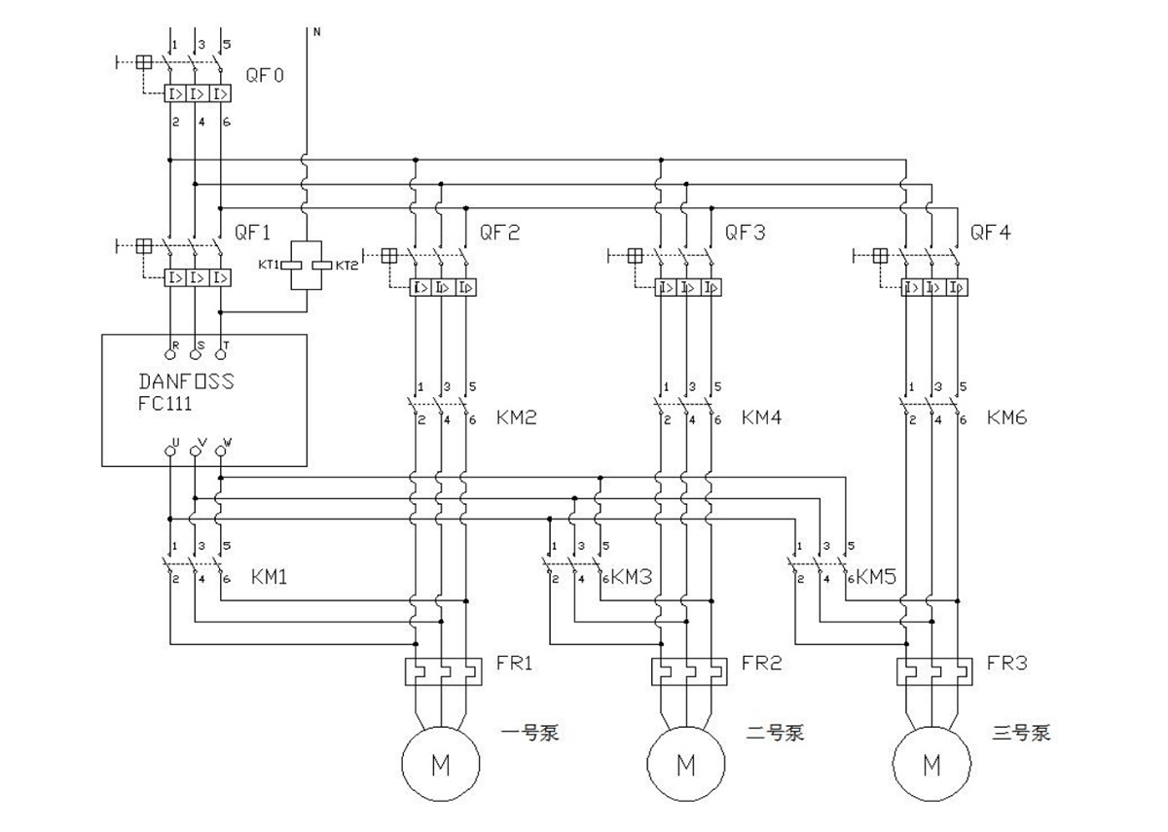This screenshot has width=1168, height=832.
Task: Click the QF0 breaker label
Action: point(265,74)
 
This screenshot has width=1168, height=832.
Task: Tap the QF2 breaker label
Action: point(499,233)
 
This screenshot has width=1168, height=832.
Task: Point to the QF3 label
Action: point(745,233)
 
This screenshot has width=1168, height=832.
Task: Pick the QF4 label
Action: point(990,233)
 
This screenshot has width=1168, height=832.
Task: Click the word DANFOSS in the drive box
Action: point(186,381)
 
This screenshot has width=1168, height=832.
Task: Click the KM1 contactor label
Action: point(270,577)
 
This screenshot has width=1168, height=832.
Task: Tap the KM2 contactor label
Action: point(517,417)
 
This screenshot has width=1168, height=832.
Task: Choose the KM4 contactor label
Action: point(762,417)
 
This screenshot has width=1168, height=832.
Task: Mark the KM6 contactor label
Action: point(1007,417)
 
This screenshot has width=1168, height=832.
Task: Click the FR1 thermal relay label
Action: point(515,664)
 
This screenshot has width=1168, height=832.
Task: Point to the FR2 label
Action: point(760,664)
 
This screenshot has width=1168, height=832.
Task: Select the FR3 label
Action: point(1005,664)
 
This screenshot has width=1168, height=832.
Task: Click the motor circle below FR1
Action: point(441,765)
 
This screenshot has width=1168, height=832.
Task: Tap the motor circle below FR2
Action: point(686,765)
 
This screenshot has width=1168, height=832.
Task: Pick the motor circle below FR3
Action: point(931,765)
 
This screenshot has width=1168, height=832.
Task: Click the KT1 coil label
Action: point(269,265)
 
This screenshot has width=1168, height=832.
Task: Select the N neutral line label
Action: point(316,32)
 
